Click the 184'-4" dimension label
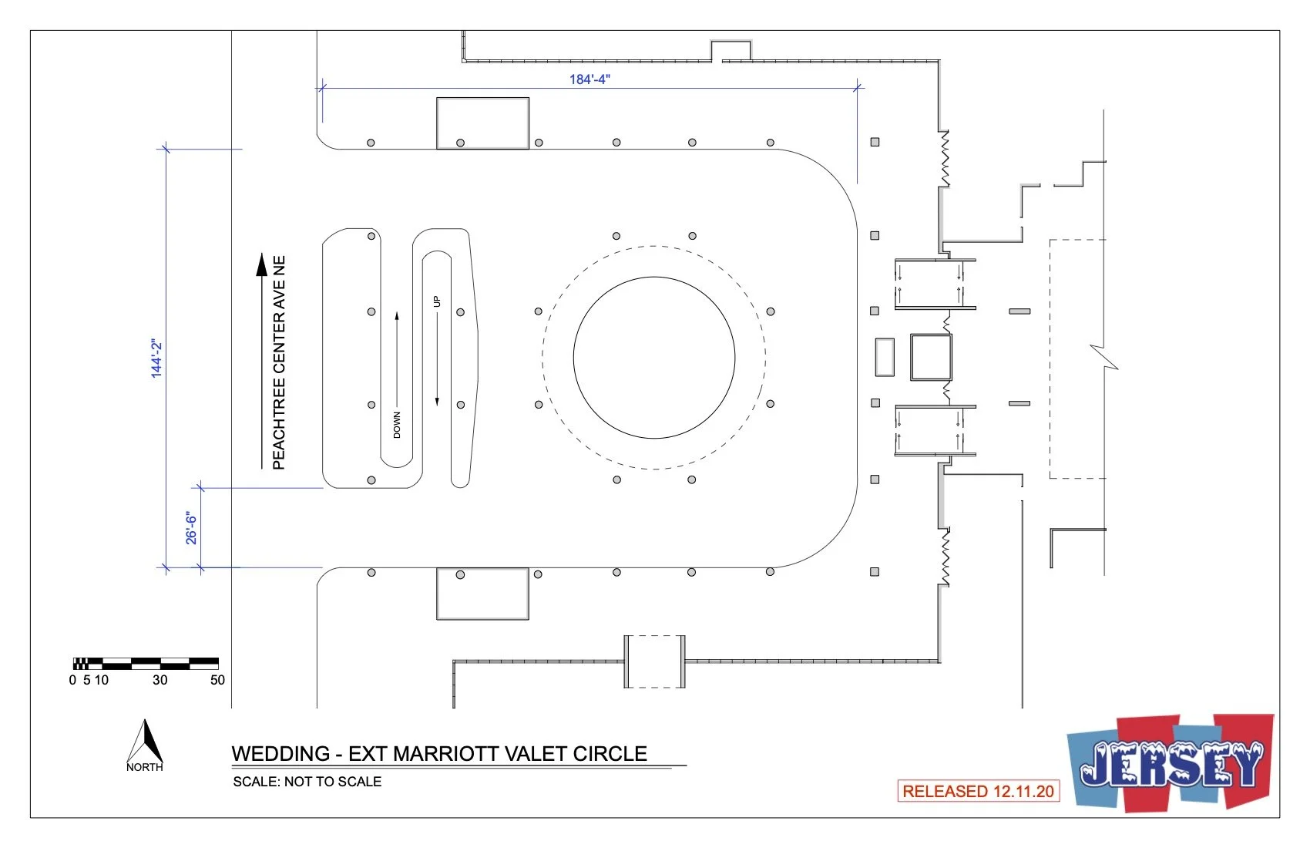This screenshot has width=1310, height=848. [589, 79]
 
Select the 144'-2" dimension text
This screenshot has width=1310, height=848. [157, 358]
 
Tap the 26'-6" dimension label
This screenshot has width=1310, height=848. [191, 527]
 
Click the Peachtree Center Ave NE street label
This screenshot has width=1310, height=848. [279, 362]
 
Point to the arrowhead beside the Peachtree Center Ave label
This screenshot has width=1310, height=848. [262, 264]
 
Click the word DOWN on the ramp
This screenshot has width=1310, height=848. [397, 425]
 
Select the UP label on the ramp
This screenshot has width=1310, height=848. [437, 301]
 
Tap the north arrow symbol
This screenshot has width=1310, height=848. [145, 742]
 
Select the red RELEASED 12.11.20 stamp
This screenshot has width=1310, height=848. [978, 791]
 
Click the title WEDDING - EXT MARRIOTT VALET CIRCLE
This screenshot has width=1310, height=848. [439, 753]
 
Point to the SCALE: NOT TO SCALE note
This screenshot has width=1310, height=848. [307, 782]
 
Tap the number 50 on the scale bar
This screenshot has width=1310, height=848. [217, 680]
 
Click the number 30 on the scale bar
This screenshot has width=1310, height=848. [160, 680]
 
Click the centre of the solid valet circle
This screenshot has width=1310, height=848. [653, 358]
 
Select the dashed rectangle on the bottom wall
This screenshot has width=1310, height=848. [654, 661]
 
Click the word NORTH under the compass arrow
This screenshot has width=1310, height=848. [145, 767]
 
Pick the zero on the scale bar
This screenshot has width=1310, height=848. [72, 680]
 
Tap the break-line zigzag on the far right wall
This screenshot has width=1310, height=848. [1104, 358]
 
